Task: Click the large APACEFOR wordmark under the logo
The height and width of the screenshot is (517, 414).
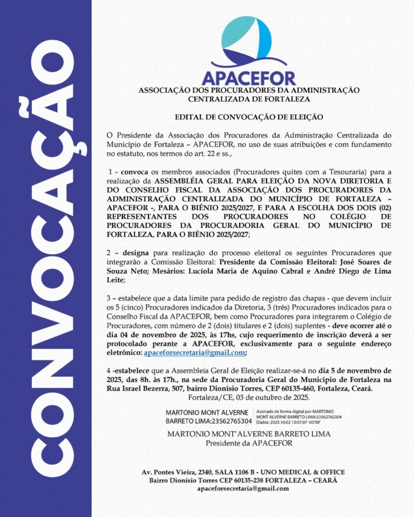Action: [248, 77]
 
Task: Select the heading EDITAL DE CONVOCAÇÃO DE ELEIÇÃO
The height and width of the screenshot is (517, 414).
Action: [248, 118]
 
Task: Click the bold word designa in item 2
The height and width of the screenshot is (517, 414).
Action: [133, 252]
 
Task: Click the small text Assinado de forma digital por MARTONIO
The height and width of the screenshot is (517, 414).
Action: [295, 411]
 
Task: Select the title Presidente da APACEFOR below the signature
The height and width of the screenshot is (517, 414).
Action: [248, 443]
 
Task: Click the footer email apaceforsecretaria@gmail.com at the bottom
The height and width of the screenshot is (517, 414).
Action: [248, 489]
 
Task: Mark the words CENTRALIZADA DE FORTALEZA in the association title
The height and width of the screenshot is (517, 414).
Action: [248, 99]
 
